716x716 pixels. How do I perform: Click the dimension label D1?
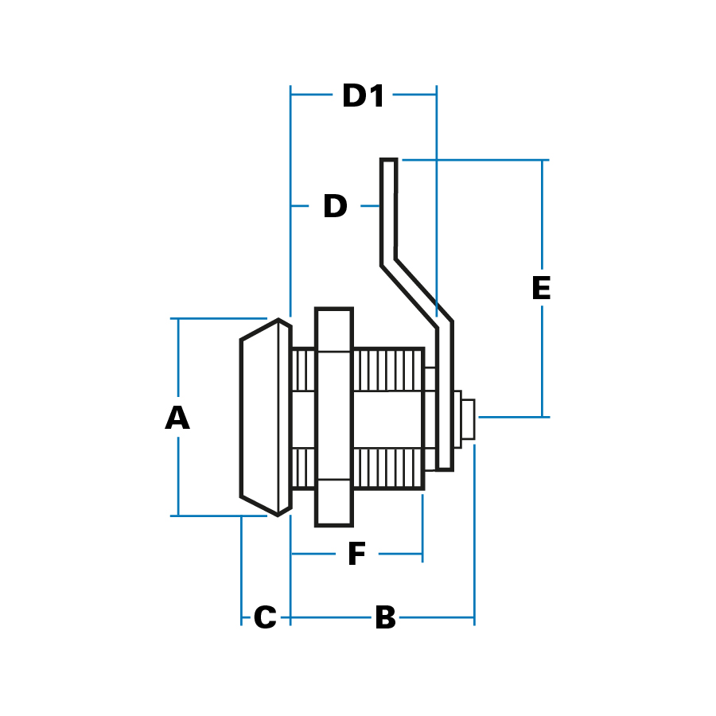364,96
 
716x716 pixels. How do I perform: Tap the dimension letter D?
335,207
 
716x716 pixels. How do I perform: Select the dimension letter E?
541,289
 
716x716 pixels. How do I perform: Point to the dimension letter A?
177,418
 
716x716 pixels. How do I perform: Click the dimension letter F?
356,555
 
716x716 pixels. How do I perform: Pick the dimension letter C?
264,618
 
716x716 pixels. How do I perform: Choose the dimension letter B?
385,618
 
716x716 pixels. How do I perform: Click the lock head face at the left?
259,418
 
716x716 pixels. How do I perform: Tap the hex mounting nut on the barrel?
333,417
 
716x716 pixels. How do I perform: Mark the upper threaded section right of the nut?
387,370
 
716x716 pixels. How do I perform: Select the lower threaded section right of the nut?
387,469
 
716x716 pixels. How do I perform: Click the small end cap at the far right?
468,419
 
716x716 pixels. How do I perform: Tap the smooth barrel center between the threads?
387,419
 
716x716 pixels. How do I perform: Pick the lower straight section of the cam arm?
445,398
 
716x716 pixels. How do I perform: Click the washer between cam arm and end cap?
457,419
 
